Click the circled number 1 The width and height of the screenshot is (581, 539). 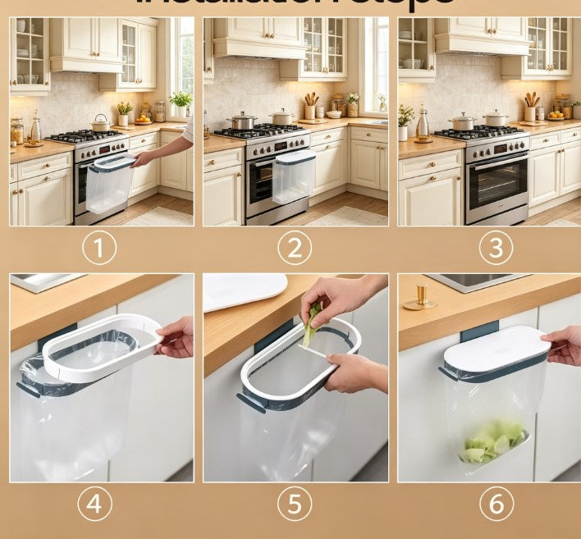[98, 248]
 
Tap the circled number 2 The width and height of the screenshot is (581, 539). [295, 248]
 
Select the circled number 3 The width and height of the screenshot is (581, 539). [495, 248]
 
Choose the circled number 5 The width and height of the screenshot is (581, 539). [295, 504]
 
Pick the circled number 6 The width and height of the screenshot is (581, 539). [495, 504]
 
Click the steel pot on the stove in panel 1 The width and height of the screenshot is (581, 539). [101, 123]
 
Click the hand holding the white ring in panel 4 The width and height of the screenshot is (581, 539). [176, 337]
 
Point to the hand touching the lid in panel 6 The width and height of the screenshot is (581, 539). [565, 345]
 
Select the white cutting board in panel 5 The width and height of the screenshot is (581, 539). [245, 290]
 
